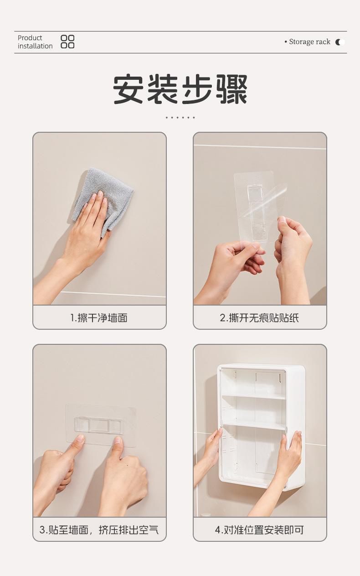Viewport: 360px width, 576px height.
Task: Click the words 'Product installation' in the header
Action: (35, 42)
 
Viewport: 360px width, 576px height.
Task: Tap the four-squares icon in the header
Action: (67, 42)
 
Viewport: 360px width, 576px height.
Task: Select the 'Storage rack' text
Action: (309, 42)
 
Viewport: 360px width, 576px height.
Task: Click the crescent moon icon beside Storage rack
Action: (339, 42)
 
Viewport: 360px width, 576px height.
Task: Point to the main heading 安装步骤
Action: (180, 89)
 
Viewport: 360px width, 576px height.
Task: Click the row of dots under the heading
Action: (180, 118)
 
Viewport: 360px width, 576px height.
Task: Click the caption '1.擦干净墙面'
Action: (99, 318)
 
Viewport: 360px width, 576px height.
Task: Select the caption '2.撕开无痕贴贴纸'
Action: (260, 318)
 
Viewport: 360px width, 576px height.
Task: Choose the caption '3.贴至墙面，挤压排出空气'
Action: (99, 530)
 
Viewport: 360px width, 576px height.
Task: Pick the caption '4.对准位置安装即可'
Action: (260, 530)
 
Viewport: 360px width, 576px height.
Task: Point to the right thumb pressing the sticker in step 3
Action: (118, 444)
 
